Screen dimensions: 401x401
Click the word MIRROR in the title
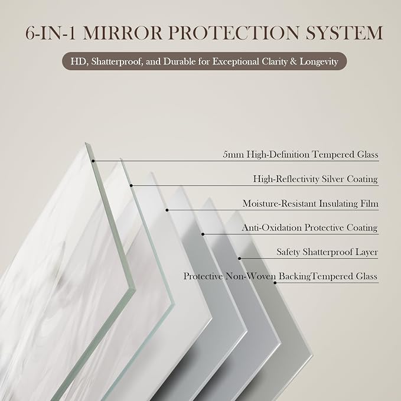(122, 32)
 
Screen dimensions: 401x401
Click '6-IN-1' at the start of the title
(50, 32)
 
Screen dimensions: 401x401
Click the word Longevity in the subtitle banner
(319, 61)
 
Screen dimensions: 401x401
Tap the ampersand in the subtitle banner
(294, 61)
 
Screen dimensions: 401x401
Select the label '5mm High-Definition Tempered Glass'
(301, 155)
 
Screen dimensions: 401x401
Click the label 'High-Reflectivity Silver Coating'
(315, 179)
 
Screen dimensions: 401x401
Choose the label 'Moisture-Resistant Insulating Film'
(311, 203)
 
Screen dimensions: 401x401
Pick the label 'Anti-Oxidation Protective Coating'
(309, 227)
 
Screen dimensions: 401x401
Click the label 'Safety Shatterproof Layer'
(327, 252)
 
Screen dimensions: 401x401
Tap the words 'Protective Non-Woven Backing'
(247, 276)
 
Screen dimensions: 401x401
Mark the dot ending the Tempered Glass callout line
(93, 161)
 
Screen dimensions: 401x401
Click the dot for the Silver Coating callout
(131, 185)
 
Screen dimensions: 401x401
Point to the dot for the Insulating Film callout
(167, 210)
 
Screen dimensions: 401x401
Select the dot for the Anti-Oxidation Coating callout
(203, 234)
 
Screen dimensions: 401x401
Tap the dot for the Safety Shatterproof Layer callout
(240, 258)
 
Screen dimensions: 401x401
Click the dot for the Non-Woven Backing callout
(275, 283)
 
